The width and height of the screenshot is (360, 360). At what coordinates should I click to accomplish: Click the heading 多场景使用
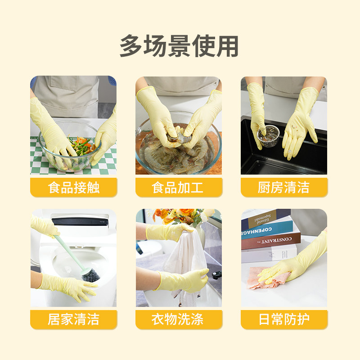coord(179,46)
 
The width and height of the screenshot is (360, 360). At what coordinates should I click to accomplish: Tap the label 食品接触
coord(74,187)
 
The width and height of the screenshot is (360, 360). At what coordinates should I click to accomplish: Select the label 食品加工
coord(177,187)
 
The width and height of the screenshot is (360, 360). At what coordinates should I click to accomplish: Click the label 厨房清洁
coord(284,187)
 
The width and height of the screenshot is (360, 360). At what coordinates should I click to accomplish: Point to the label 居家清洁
coord(74,319)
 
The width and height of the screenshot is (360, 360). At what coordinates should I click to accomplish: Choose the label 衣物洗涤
coord(177,319)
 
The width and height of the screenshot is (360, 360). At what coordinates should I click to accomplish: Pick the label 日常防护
coord(284,319)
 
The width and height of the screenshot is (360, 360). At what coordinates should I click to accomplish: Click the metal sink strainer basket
coord(269,136)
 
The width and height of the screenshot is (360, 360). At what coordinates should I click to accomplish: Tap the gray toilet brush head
coord(91,275)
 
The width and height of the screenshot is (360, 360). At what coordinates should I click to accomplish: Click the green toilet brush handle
coord(69,252)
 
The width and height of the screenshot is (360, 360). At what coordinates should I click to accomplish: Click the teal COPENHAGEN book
coord(267,230)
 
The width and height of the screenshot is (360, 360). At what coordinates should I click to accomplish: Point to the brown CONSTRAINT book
coord(271,241)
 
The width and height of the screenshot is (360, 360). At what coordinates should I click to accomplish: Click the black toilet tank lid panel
coord(80,221)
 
